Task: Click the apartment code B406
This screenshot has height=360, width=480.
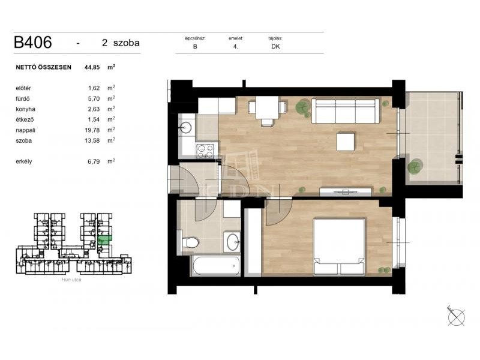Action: click(x=33, y=42)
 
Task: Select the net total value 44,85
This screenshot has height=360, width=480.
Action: click(x=92, y=67)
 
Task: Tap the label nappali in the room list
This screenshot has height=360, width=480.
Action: click(x=25, y=130)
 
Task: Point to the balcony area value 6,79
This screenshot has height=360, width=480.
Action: click(x=94, y=161)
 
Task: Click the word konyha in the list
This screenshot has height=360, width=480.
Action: click(x=25, y=109)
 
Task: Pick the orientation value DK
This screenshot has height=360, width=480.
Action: click(x=275, y=47)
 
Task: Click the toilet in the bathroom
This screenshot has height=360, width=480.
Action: click(x=190, y=243)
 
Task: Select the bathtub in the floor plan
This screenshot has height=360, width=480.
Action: click(x=215, y=266)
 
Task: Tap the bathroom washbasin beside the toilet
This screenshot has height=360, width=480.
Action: click(x=232, y=242)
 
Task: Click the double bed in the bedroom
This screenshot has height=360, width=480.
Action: click(x=339, y=247)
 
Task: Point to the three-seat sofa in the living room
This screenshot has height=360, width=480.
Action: click(x=346, y=110)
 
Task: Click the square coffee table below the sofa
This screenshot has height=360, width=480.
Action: click(x=346, y=142)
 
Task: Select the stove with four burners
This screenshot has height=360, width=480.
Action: click(x=205, y=152)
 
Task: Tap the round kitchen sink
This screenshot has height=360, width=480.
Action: click(x=186, y=127)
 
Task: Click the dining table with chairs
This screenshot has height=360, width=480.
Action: click(x=267, y=110)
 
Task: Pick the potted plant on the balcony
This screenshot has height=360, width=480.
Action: click(x=415, y=167)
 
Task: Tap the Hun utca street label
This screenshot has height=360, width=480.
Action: click(x=71, y=280)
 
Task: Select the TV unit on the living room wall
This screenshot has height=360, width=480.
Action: click(x=346, y=192)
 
